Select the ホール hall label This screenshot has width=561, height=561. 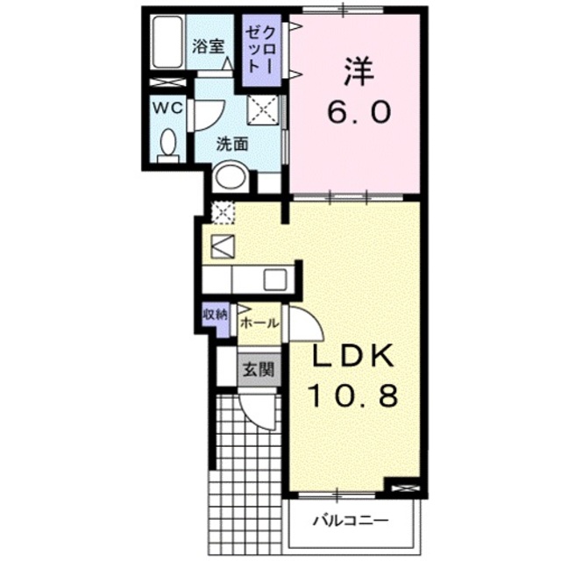point(259,323)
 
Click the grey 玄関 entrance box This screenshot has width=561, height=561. point(259,368)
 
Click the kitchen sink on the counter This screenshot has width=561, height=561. point(273,280)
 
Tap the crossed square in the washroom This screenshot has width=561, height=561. point(264,110)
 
